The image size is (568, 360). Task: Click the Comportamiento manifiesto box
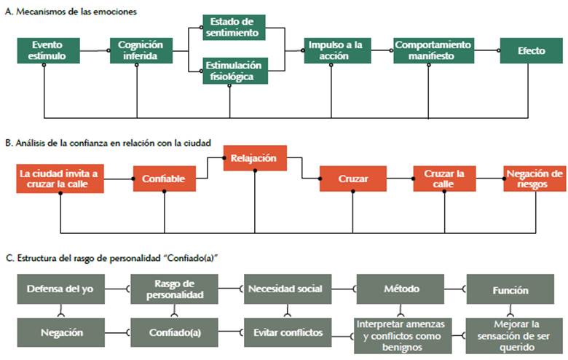434,50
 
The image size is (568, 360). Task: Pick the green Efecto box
531,50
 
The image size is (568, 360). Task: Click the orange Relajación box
254,158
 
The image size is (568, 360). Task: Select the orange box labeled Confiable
165,179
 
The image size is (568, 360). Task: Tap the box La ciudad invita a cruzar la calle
60,179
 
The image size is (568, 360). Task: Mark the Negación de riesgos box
535,179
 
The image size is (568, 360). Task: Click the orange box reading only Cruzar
352,179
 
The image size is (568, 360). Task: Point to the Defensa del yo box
60,289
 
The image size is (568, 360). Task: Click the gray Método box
401,289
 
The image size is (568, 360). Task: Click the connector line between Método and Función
456,289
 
